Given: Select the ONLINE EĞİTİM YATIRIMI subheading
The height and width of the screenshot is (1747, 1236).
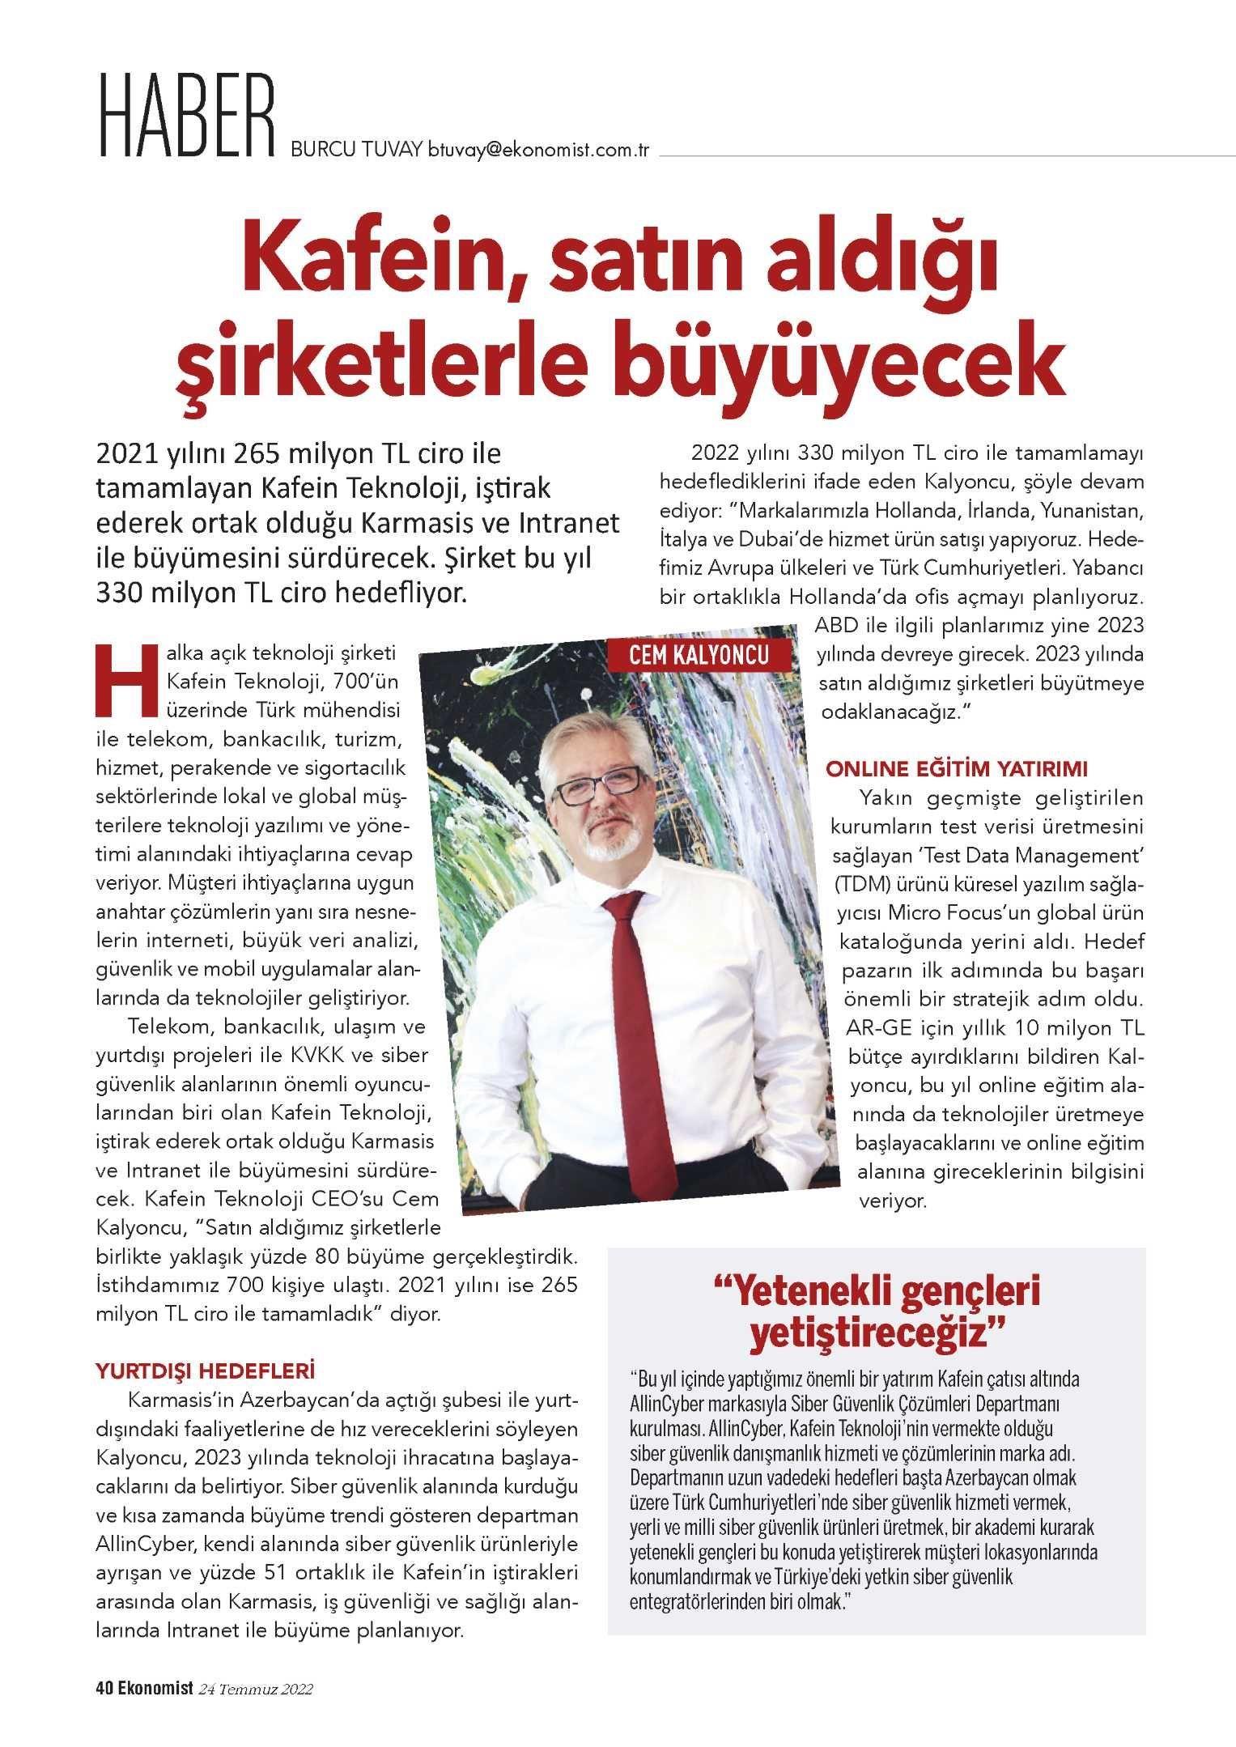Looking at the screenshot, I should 955,766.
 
